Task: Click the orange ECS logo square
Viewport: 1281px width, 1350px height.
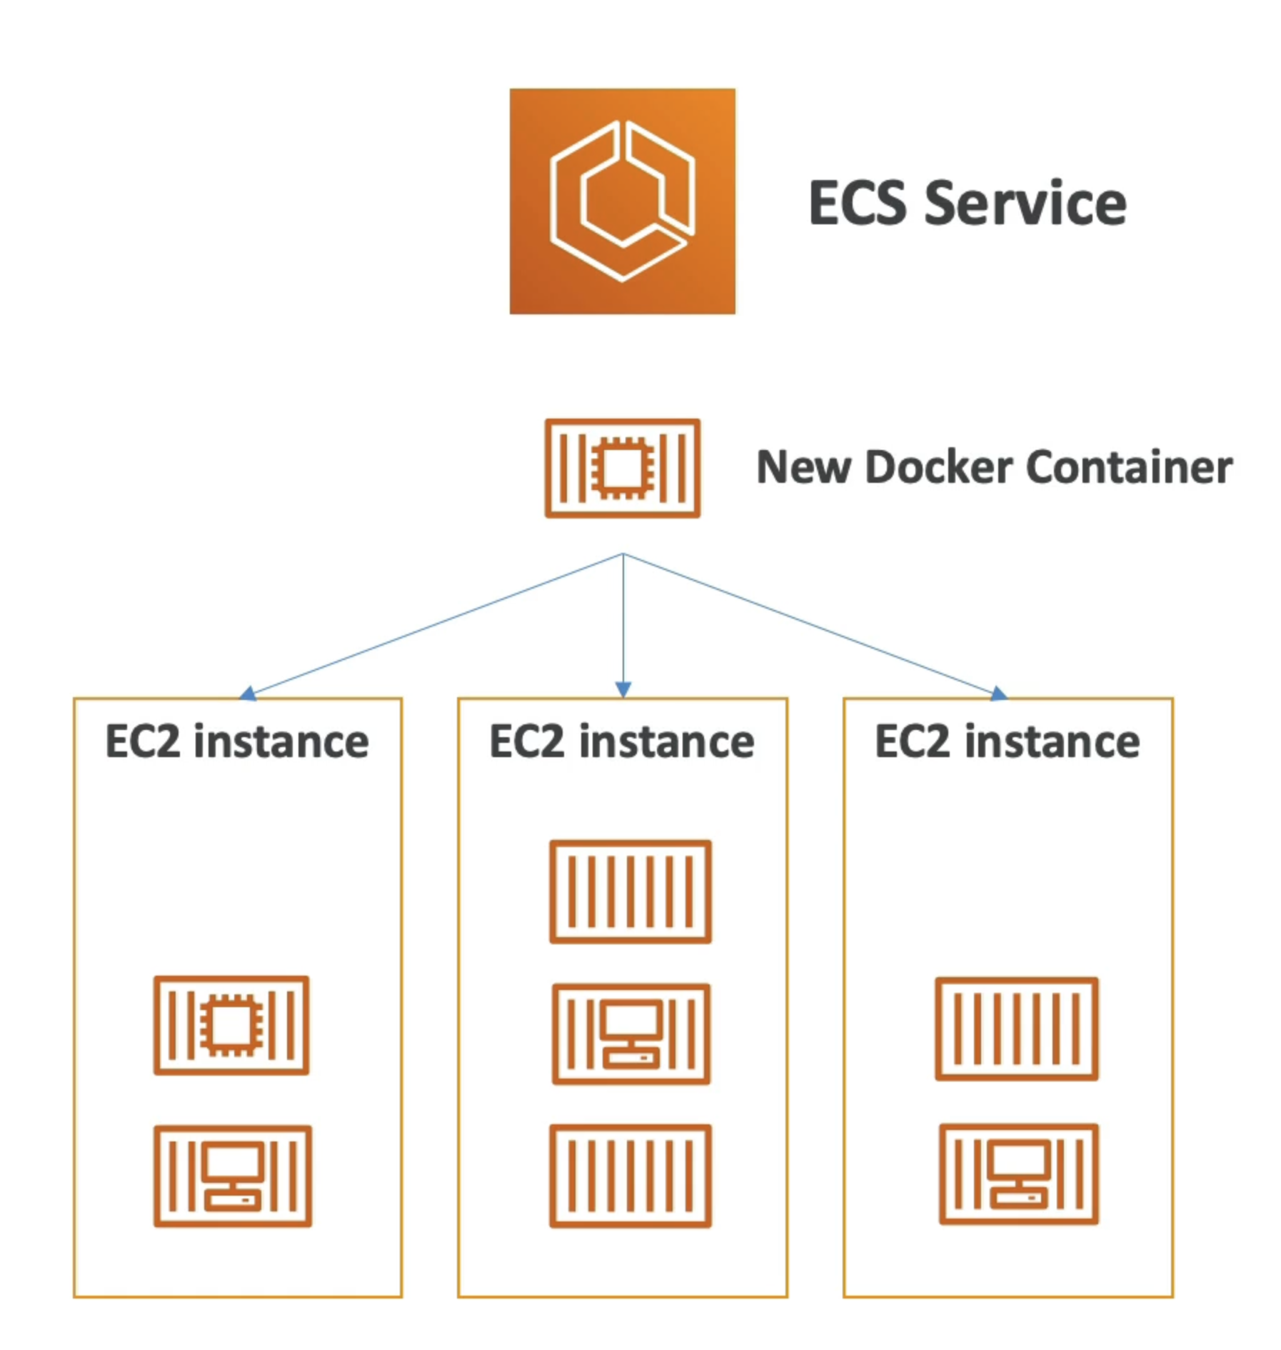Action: pyautogui.click(x=622, y=201)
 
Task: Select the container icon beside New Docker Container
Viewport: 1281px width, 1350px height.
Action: pyautogui.click(x=622, y=468)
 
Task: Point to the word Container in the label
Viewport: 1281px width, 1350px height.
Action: pyautogui.click(x=1129, y=467)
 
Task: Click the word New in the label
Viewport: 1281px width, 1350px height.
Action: pyautogui.click(x=804, y=467)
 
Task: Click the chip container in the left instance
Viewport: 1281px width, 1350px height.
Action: pyautogui.click(x=231, y=1025)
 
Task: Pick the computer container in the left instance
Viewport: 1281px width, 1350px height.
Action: pyautogui.click(x=233, y=1176)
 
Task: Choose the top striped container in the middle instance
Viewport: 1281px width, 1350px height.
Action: pyautogui.click(x=631, y=891)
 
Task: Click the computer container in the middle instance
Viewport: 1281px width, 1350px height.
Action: pyautogui.click(x=631, y=1034)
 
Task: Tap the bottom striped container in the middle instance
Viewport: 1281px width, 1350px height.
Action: pyautogui.click(x=631, y=1176)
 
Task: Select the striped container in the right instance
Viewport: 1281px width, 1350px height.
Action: pyautogui.click(x=1017, y=1029)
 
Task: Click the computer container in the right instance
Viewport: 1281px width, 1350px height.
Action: pyautogui.click(x=1019, y=1174)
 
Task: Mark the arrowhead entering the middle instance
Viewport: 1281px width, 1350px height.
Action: pyautogui.click(x=623, y=689)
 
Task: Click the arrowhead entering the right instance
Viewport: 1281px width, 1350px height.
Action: pyautogui.click(x=999, y=694)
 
